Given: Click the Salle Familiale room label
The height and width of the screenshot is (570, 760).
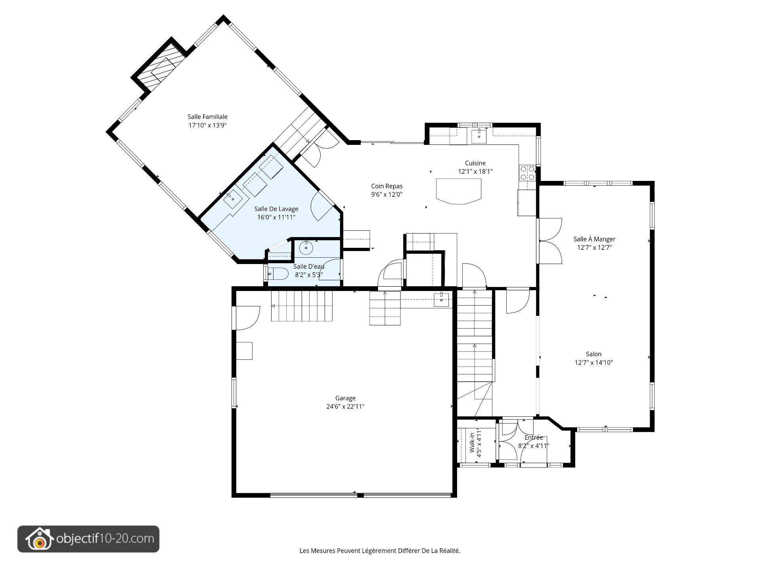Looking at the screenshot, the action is tap(207, 117).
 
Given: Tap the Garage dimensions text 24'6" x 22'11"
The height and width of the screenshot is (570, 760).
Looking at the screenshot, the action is tap(345, 407).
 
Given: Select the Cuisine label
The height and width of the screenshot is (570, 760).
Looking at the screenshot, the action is tap(475, 163).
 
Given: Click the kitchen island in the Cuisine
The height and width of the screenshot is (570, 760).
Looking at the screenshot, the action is tap(459, 192).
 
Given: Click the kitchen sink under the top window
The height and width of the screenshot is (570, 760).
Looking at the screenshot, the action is tap(479, 135).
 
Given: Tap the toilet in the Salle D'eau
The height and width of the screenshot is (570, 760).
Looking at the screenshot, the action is tap(278, 274).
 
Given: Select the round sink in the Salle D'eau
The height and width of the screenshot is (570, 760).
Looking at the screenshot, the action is tap(306, 248).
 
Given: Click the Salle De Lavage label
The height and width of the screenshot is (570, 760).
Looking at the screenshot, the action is tap(276, 209).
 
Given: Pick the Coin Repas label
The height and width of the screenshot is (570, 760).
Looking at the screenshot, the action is tap(387, 186).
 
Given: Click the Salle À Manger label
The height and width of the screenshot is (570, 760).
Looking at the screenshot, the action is tap(594, 239).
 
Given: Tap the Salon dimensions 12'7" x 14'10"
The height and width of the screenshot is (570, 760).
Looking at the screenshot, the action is tap(594, 363).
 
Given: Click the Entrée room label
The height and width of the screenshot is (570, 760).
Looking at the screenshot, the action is tap(534, 437).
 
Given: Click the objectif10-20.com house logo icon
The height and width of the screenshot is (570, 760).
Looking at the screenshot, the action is tap(39, 539).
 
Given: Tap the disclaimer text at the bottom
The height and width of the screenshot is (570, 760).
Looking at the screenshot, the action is tap(380, 551).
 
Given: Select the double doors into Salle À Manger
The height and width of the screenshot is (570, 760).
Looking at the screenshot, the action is tap(549, 241).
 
